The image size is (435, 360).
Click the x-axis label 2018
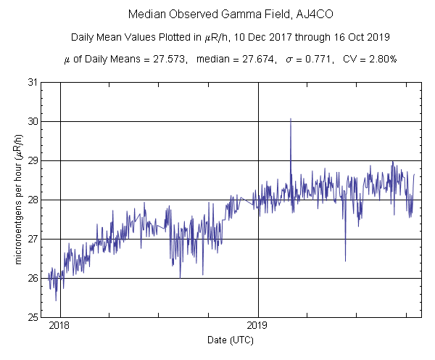[x=59, y=326]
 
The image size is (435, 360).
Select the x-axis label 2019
[x=259, y=326]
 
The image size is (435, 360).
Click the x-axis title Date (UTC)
[x=229, y=340]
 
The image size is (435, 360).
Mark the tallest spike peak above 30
[x=291, y=119]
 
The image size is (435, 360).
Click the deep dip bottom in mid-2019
[x=345, y=260]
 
